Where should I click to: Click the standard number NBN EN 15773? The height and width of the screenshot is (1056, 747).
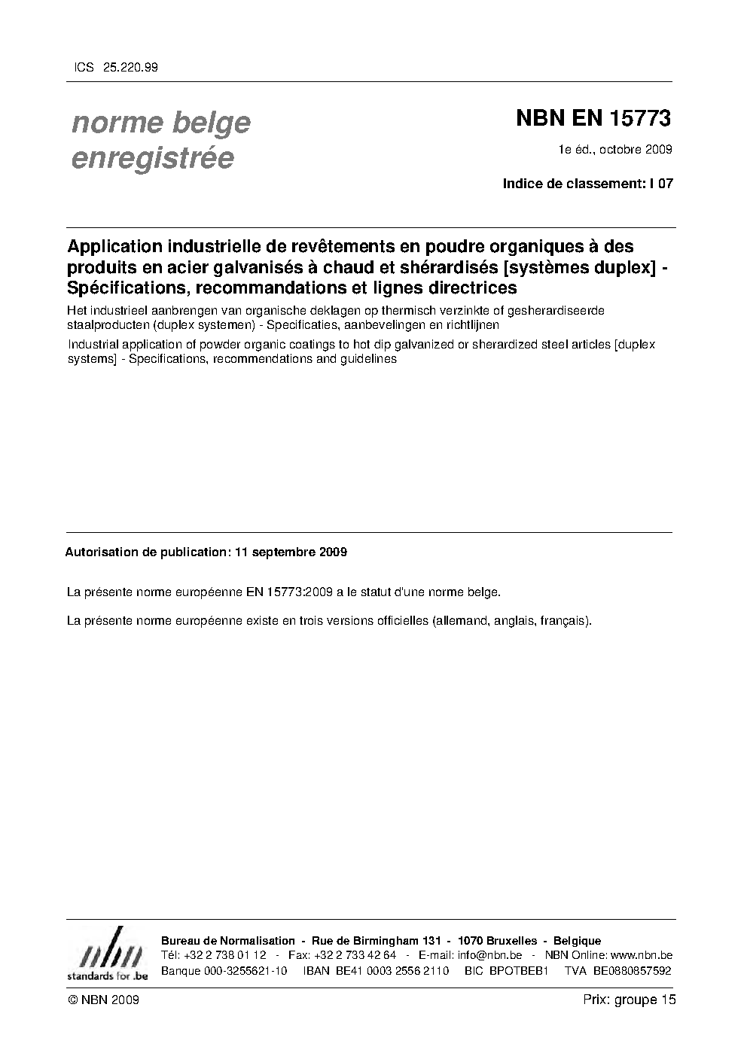(x=593, y=118)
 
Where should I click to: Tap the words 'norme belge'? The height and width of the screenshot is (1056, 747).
(x=160, y=122)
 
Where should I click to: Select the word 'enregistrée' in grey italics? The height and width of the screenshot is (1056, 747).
(x=152, y=158)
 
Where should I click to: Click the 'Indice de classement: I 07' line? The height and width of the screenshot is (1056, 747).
(x=587, y=183)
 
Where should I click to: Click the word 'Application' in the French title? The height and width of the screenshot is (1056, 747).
(x=114, y=246)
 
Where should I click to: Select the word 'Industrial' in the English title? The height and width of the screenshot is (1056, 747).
(x=93, y=345)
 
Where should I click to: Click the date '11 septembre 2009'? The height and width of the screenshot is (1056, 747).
(x=291, y=552)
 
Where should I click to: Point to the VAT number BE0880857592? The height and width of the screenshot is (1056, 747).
(x=632, y=970)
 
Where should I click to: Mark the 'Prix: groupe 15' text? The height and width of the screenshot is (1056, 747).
(x=629, y=1000)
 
